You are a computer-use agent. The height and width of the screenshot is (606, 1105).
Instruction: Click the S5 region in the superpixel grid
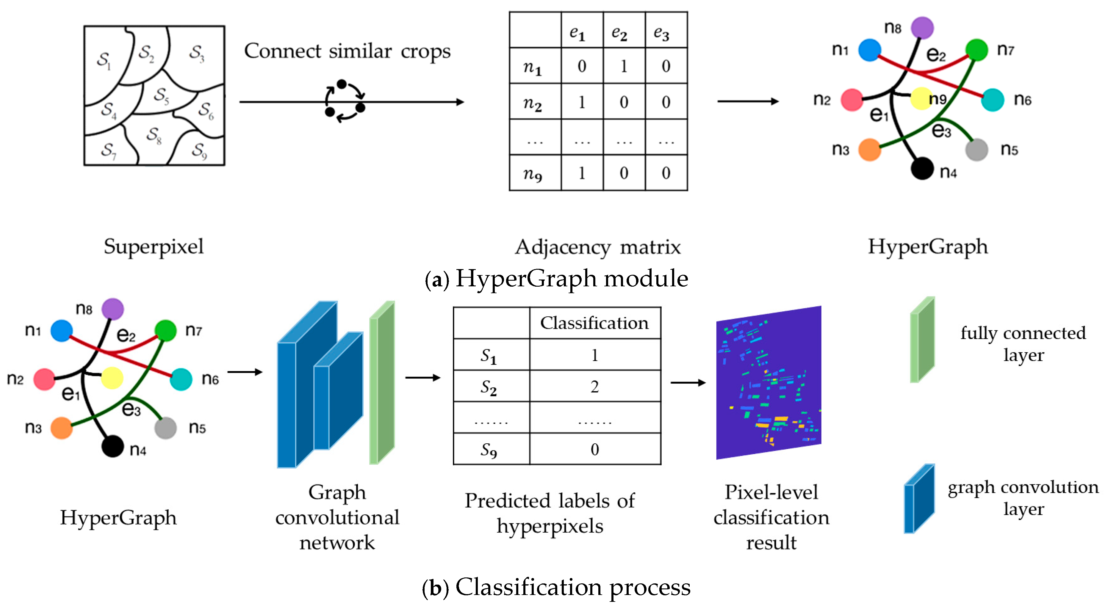(161, 95)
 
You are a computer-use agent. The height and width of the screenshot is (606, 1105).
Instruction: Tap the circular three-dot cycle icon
(345, 102)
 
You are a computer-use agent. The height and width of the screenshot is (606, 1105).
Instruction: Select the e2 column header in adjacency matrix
(623, 31)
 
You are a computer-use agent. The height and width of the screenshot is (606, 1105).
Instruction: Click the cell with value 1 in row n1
(623, 66)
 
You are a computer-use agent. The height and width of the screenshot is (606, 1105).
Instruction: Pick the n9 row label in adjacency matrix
(533, 173)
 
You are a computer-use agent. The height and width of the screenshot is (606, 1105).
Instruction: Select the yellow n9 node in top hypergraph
(920, 98)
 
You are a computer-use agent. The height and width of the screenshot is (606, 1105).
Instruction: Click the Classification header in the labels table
(594, 323)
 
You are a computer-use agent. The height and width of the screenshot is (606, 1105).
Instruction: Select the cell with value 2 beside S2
(594, 387)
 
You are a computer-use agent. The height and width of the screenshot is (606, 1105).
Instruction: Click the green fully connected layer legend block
(922, 340)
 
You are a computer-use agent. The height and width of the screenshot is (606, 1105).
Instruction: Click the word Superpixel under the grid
(154, 247)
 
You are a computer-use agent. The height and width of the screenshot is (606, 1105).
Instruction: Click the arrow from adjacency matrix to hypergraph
(747, 102)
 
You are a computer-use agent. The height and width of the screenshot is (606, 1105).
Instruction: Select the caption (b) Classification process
(556, 587)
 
